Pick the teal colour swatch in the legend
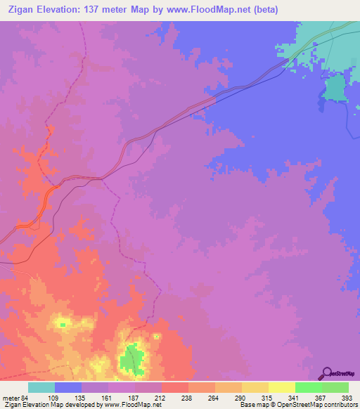tap(41, 387)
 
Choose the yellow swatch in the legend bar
tap(281, 387)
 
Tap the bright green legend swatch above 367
tap(308, 387)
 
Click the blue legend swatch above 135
tap(68, 387)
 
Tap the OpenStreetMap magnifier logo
tap(326, 372)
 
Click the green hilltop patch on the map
tap(129, 360)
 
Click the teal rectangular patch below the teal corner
tap(335, 89)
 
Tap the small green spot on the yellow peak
tap(63, 324)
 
